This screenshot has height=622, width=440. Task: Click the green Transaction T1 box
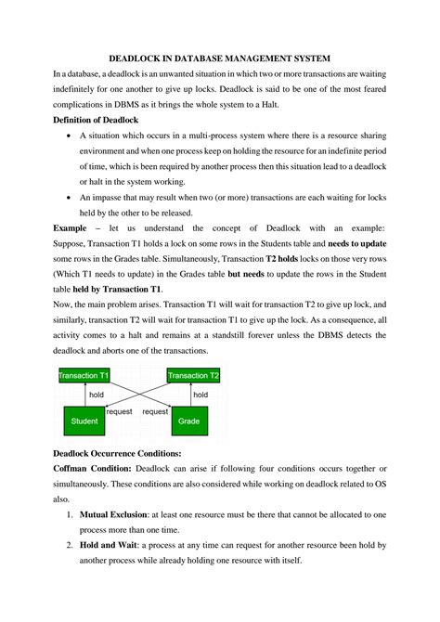click(83, 375)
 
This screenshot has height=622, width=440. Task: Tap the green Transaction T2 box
click(193, 375)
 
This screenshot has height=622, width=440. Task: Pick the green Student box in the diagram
click(84, 421)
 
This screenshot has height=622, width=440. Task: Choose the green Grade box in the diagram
click(188, 421)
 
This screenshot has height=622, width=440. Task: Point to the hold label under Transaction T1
click(97, 394)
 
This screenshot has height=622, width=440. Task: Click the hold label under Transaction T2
click(200, 394)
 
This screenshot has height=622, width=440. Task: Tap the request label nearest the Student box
click(119, 410)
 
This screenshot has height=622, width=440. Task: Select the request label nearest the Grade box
click(154, 410)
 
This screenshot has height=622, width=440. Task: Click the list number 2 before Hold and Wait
click(71, 545)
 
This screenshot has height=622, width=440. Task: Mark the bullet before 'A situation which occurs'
click(71, 135)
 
